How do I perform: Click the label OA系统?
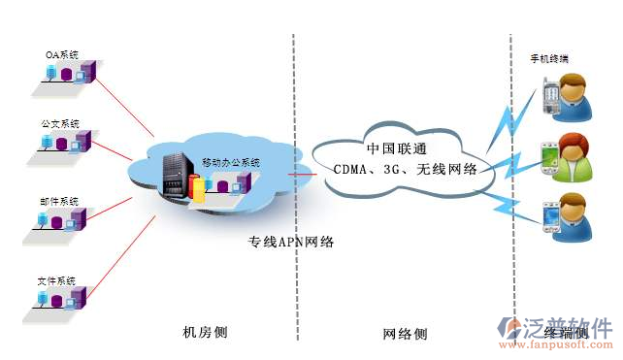[61, 54]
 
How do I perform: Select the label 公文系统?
[60, 124]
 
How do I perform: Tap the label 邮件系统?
[60, 202]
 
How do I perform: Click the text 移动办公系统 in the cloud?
[231, 163]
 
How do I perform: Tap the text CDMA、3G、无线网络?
[403, 169]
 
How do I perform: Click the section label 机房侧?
[206, 333]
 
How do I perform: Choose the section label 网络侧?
[405, 334]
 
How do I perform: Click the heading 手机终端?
[548, 59]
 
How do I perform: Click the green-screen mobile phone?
[549, 154]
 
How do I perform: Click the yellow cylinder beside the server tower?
[199, 189]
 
